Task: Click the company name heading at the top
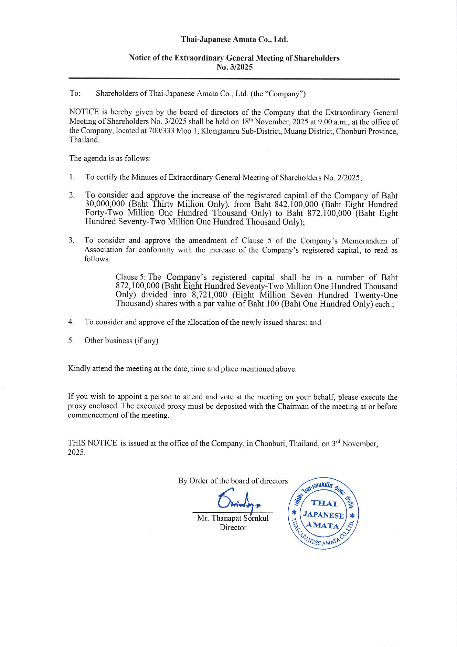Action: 234,39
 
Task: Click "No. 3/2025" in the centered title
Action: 234,67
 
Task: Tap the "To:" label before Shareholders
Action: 75,93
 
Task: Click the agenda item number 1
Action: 71,177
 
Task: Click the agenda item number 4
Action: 71,322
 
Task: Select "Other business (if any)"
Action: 121,341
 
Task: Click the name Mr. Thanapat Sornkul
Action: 233,518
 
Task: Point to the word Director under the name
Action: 233,527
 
